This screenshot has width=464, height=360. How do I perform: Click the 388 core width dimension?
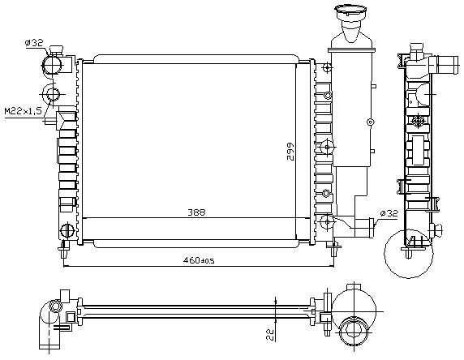click(x=196, y=212)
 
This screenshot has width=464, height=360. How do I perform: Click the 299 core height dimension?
click(x=290, y=152)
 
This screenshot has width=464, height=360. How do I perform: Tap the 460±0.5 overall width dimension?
click(x=199, y=260)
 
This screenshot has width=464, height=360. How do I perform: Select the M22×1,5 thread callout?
click(x=23, y=111)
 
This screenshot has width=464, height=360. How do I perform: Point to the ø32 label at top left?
click(x=34, y=43)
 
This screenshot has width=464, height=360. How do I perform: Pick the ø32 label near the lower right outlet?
click(x=389, y=213)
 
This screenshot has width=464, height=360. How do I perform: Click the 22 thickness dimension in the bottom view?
click(x=270, y=334)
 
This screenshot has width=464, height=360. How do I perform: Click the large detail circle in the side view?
click(x=385, y=254)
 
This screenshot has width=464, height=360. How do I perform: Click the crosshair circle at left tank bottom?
click(x=67, y=229)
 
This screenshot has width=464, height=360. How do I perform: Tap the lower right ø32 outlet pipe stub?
click(x=364, y=228)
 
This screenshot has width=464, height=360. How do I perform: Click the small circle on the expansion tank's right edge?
click(x=370, y=122)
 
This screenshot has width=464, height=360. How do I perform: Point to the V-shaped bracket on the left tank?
click(x=67, y=120)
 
